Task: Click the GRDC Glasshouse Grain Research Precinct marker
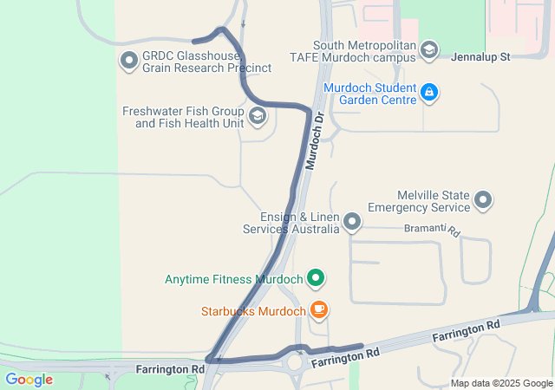pos(129,61)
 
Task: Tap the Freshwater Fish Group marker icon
pos(258,116)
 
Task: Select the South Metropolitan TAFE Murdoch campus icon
pos(429,51)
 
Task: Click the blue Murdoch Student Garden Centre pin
pos(429,92)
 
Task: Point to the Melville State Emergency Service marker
pos(484,201)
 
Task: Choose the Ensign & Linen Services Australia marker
pos(352,223)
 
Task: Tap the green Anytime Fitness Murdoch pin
pos(317,279)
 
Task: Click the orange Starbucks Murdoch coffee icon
pos(319,310)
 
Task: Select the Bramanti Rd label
pos(431,230)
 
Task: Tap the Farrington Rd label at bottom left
pos(170,369)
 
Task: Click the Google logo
pos(29,380)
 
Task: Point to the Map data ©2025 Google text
pos(501,384)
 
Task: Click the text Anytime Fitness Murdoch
pos(233,280)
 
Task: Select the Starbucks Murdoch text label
pos(253,311)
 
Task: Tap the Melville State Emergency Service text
pos(420,201)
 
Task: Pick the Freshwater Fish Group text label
pos(183,117)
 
